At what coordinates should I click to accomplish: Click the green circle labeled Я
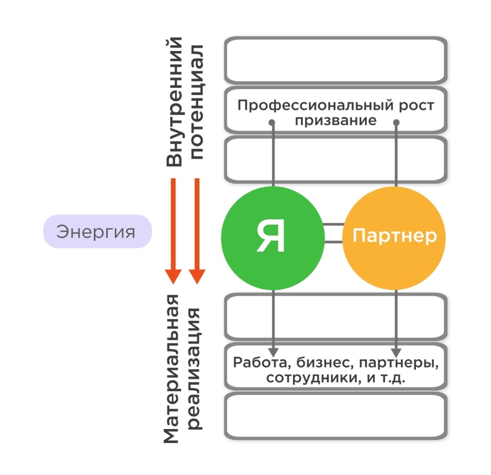point(272,238)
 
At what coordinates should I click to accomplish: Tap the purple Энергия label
point(97,232)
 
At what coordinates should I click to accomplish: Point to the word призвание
point(336,121)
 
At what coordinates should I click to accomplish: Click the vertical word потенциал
point(197,102)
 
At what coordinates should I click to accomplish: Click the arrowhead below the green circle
point(272,352)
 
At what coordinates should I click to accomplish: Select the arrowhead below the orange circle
point(396,352)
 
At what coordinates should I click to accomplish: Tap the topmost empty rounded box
point(336,61)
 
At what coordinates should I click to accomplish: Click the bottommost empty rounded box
point(336,416)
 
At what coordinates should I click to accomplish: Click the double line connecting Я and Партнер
point(333,233)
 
